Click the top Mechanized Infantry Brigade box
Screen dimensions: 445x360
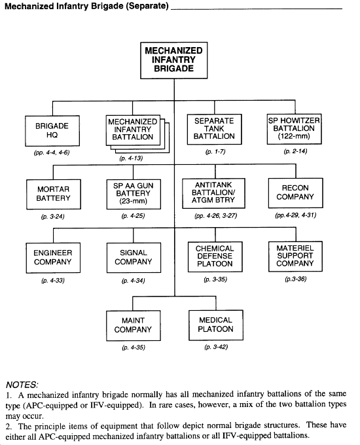[173, 59]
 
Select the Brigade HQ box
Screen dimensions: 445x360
[52, 130]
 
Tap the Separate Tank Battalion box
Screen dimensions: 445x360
[214, 128]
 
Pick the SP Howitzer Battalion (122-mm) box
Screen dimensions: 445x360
[291, 128]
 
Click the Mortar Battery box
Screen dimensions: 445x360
[52, 193]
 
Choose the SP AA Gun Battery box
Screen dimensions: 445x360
[133, 194]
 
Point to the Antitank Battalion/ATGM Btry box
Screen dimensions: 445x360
[214, 193]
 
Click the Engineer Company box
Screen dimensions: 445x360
[52, 258]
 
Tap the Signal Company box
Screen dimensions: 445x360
[133, 258]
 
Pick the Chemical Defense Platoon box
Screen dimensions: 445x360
[215, 258]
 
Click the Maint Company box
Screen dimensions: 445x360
[133, 325]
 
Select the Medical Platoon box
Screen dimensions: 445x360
[215, 325]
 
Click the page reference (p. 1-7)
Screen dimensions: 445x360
[214, 152]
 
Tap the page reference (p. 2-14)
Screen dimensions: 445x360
[291, 151]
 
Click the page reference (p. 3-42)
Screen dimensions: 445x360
[215, 347]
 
